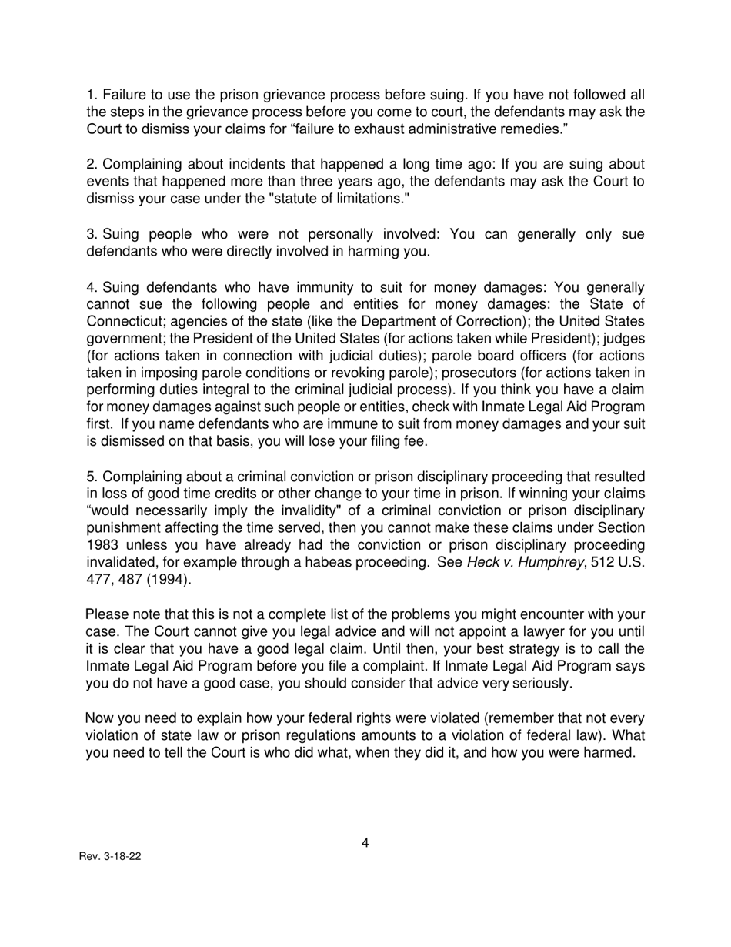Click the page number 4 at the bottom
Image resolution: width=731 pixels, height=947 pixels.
click(x=365, y=843)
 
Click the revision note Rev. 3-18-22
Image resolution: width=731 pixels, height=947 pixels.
click(x=110, y=857)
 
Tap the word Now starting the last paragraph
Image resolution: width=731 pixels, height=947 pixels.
click(x=100, y=718)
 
